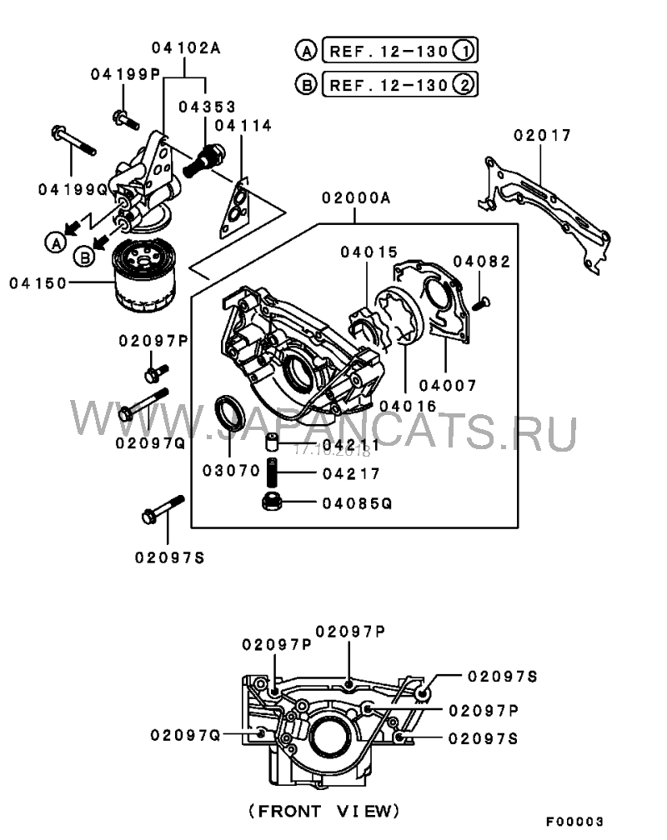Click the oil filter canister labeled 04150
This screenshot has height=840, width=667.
143,275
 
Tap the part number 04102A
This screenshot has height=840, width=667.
186,48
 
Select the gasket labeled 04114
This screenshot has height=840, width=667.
235,207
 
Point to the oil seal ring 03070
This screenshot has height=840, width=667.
229,412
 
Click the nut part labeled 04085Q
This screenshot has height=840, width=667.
273,502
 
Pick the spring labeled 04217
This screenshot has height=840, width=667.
273,472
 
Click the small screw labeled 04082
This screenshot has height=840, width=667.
481,303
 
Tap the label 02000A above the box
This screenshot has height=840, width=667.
356,198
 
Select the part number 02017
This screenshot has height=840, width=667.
543,135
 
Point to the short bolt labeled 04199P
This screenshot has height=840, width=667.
126,119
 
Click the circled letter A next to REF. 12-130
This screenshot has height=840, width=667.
306,51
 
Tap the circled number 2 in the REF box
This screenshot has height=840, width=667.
464,85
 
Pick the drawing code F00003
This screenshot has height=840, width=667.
574,822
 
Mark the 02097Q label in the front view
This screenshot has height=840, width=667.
186,736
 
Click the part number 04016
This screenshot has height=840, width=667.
408,406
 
